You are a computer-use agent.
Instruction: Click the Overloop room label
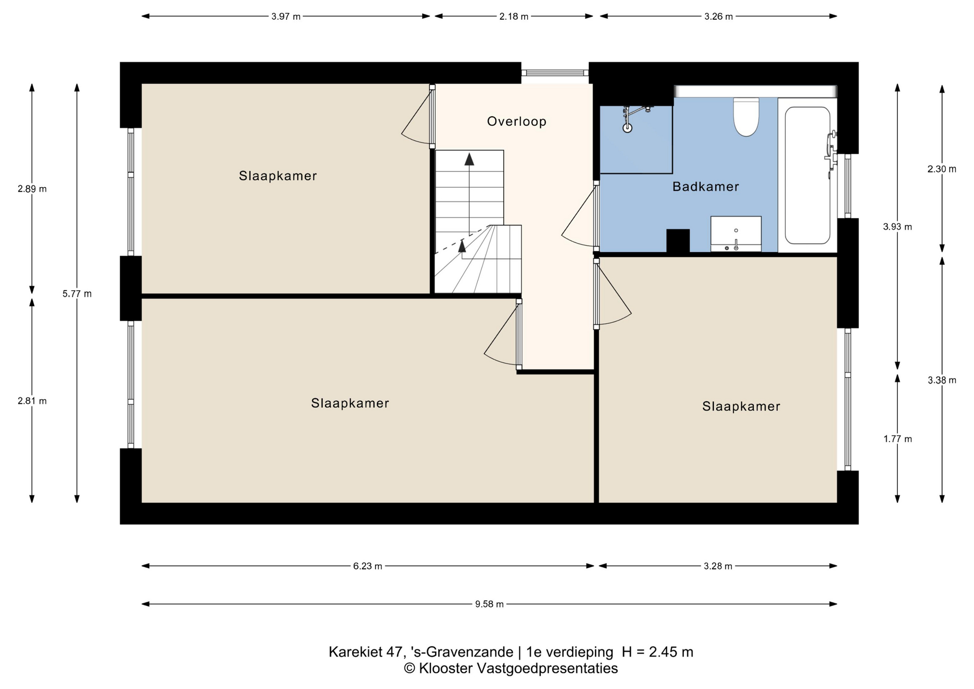(x=516, y=121)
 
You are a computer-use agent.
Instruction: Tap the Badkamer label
(x=706, y=187)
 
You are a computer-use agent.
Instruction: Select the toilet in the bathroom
(x=746, y=117)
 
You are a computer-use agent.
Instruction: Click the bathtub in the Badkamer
(x=808, y=175)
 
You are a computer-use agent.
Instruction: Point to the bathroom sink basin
(x=736, y=233)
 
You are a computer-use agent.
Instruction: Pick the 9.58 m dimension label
(x=489, y=604)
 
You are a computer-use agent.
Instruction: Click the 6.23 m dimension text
(x=368, y=566)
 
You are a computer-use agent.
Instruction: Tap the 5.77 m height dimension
(x=77, y=293)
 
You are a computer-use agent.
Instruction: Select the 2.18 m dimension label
(x=514, y=16)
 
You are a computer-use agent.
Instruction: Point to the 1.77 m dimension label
(x=897, y=439)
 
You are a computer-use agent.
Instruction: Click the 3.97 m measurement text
(x=286, y=16)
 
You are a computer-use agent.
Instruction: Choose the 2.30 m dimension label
(x=942, y=169)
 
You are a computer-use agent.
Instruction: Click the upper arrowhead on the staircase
(x=469, y=159)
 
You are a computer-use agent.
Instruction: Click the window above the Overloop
(x=555, y=73)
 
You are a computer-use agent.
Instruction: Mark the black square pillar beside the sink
(x=678, y=240)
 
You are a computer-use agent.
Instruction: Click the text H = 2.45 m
(x=657, y=651)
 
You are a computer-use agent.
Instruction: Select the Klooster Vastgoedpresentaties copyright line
(x=511, y=668)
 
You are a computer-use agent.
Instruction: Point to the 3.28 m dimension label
(x=718, y=566)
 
